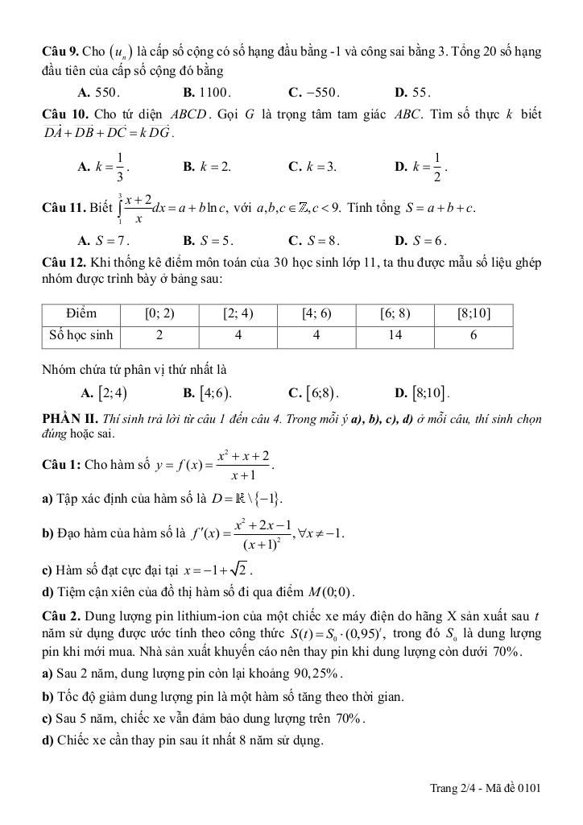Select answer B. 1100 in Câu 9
tap(207, 92)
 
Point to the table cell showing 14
tap(395, 335)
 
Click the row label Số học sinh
tap(81, 335)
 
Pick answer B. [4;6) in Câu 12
tap(208, 394)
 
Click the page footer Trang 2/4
tap(453, 787)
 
